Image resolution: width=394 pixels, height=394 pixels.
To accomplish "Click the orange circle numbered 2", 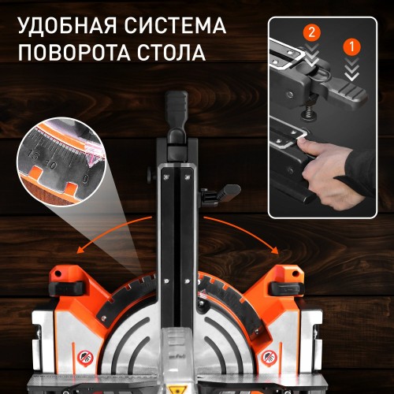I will click(x=311, y=34).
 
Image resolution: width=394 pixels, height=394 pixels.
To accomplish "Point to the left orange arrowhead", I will click(x=79, y=247).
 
